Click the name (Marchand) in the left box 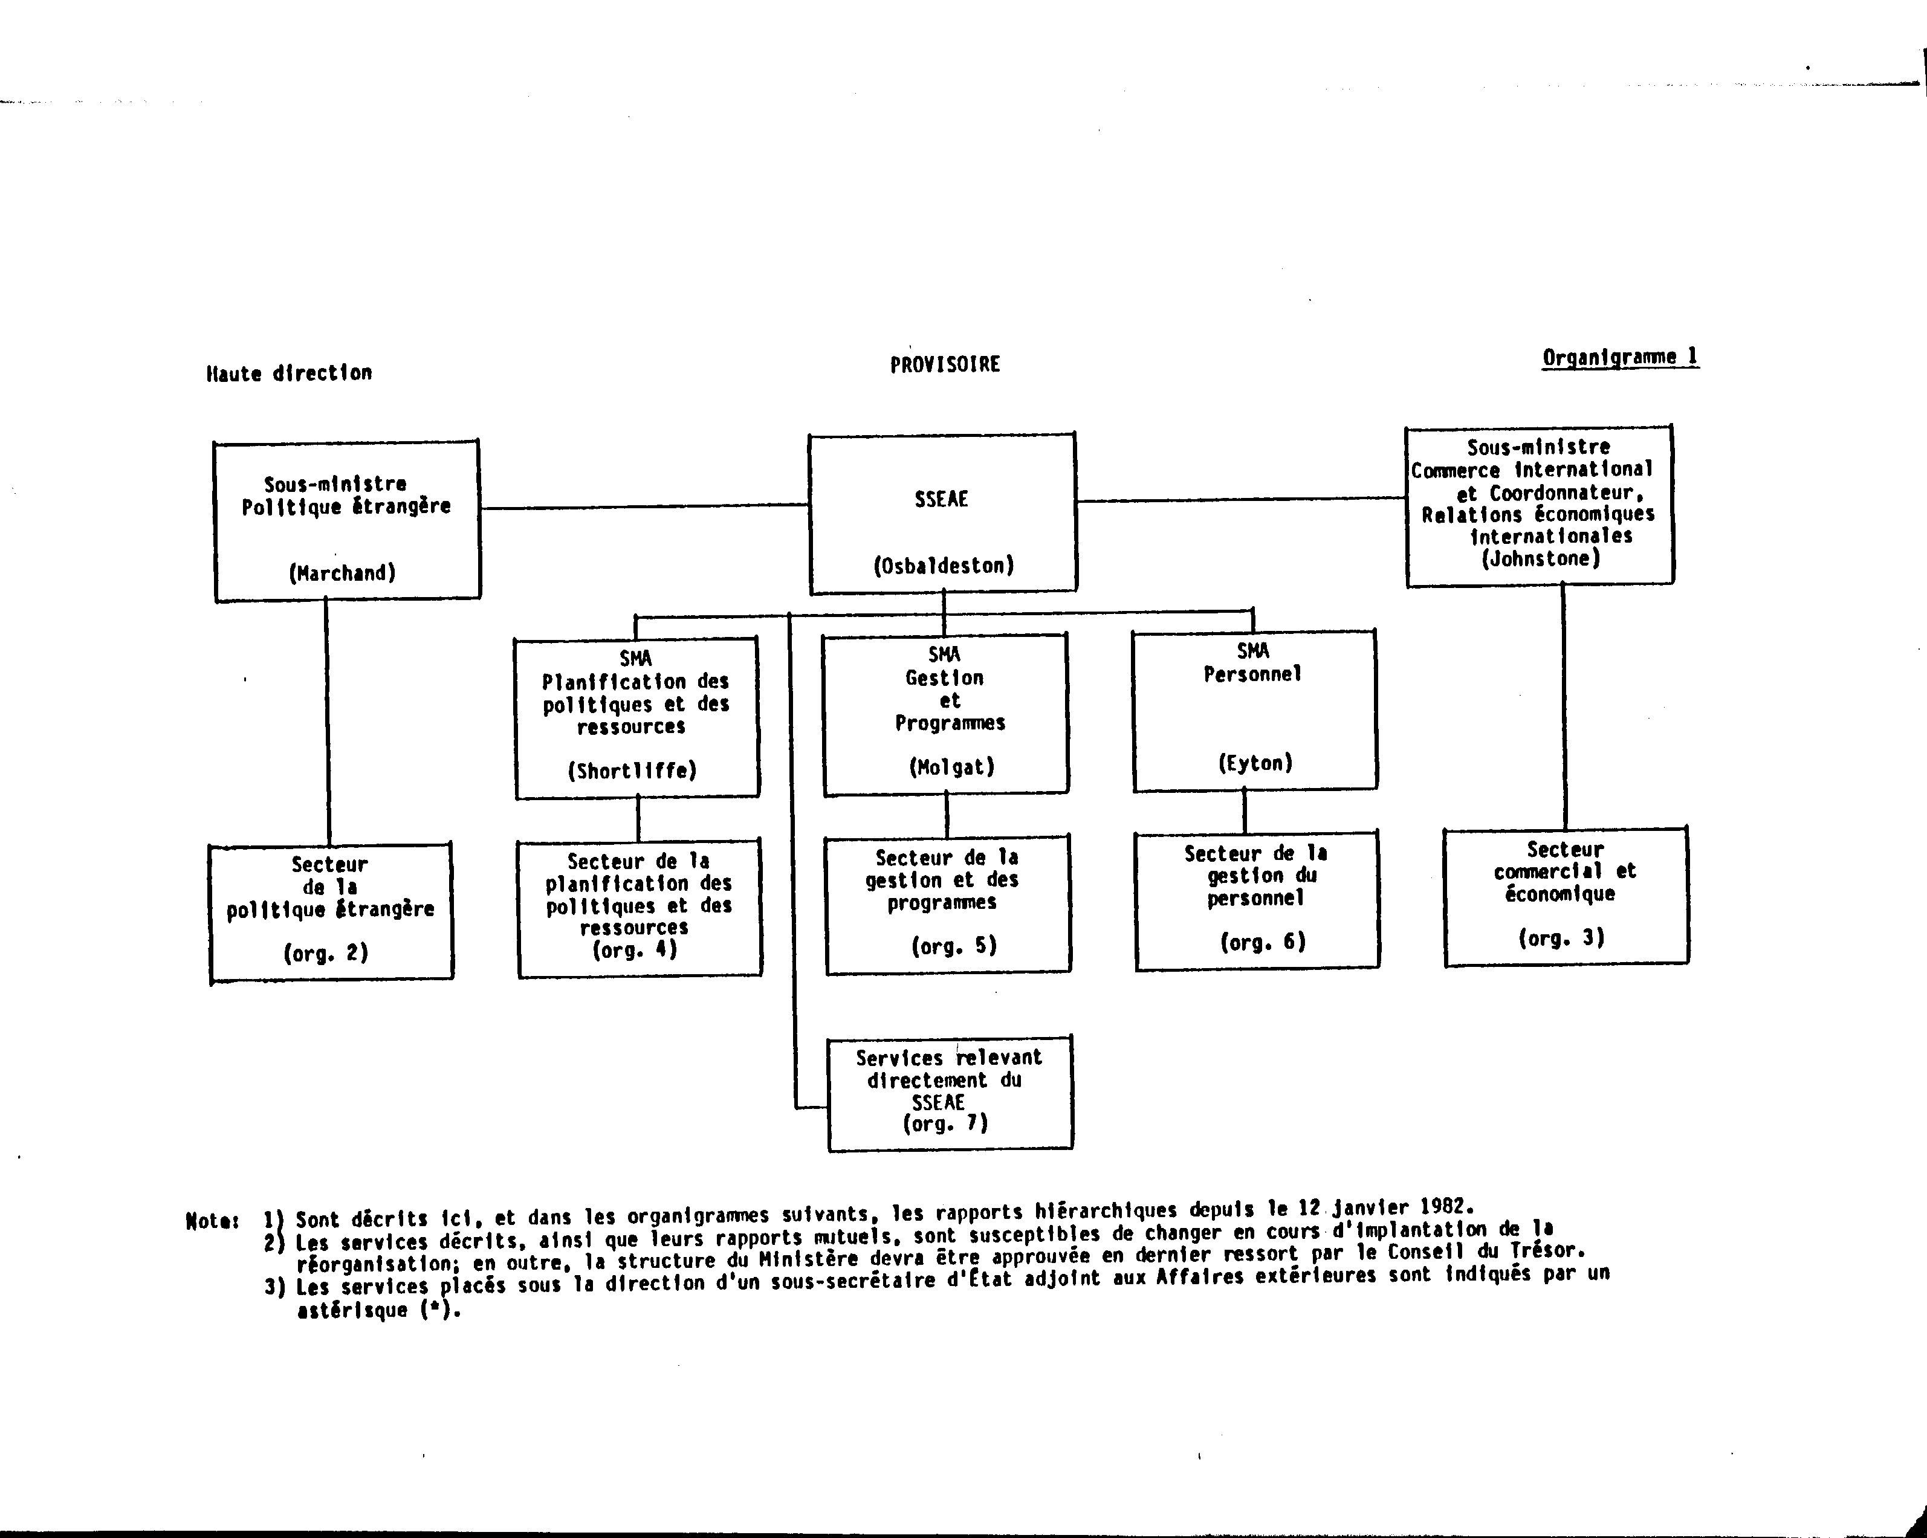[x=342, y=573]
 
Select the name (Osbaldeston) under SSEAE [x=944, y=566]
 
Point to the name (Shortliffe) [x=632, y=771]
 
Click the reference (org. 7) [x=945, y=1124]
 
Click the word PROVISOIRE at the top [x=945, y=364]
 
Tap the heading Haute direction [x=289, y=373]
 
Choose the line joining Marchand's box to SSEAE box [x=644, y=506]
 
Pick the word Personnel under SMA [x=1253, y=674]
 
